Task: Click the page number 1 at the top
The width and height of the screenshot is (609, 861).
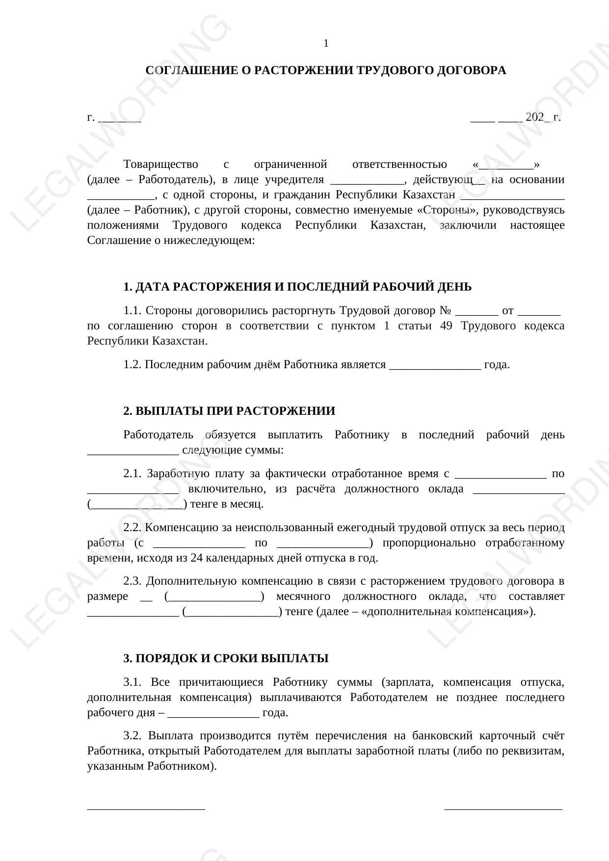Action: tap(326, 44)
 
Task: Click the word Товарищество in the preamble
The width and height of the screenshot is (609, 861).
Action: tap(160, 164)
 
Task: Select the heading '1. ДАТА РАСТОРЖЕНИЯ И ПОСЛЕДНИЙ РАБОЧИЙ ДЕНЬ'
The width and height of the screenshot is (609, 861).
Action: tap(297, 287)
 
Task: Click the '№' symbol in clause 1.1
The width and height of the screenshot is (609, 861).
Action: tap(446, 311)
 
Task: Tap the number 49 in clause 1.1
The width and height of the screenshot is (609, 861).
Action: tap(446, 326)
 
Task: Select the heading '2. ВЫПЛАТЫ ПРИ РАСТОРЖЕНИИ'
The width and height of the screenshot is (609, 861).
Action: tap(229, 411)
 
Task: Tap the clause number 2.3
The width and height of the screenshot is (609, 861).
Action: tap(132, 581)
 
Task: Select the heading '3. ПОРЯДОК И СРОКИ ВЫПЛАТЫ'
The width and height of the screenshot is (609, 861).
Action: tap(226, 658)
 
